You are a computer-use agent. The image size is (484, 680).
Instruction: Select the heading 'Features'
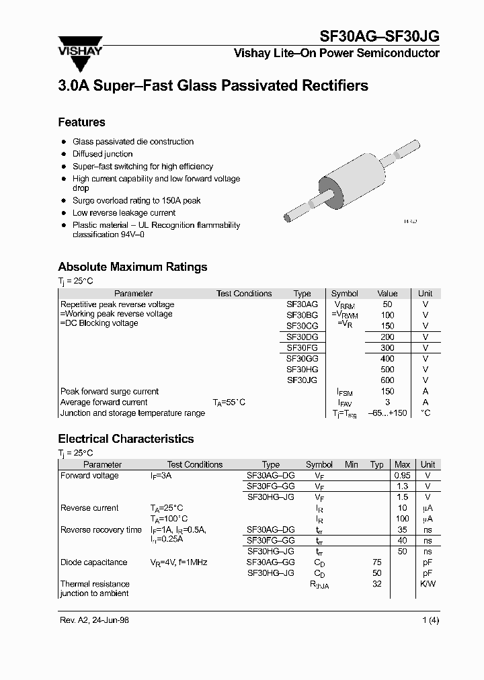point(81,122)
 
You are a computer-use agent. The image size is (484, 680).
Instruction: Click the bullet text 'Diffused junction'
point(102,154)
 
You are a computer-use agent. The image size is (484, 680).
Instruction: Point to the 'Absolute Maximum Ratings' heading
point(132,267)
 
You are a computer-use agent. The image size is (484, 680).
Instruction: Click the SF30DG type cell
point(302,337)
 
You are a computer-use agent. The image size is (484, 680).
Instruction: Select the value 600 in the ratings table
point(387,380)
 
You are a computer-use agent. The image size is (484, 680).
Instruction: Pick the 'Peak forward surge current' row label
point(110,391)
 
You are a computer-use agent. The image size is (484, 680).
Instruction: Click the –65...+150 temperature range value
point(387,413)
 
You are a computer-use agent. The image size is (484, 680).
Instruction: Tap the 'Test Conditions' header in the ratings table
point(244,294)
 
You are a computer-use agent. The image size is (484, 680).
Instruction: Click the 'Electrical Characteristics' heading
point(126,439)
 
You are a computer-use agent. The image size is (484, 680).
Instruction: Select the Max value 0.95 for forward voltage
point(402,476)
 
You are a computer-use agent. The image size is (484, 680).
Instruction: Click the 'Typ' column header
point(377,464)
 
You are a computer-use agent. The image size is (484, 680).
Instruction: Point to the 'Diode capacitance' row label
point(93,562)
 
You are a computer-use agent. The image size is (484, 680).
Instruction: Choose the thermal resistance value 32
point(377,584)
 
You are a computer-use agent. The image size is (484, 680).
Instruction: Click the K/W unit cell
point(428,584)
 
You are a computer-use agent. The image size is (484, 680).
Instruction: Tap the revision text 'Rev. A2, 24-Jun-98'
point(94,620)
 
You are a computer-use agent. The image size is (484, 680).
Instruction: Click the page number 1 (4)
point(430,620)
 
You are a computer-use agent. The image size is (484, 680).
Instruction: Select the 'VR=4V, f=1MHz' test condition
point(179,562)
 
